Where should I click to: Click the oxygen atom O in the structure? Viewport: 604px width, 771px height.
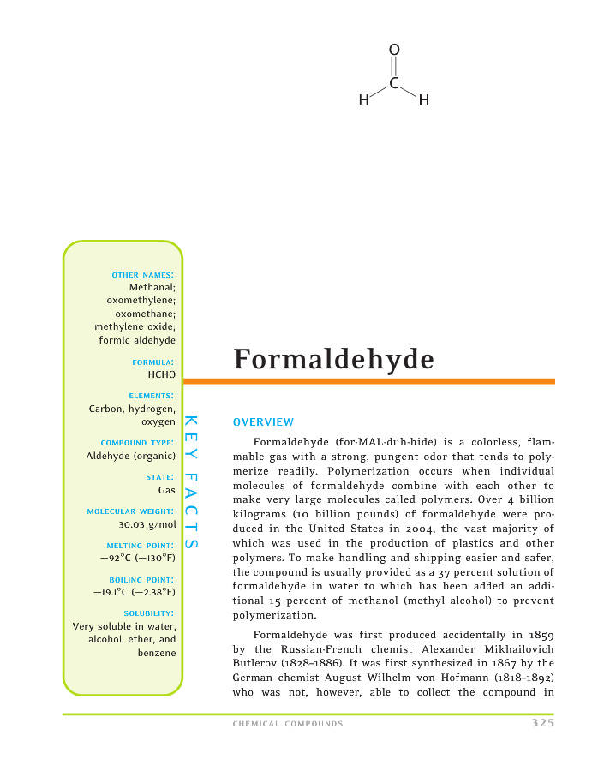point(394,50)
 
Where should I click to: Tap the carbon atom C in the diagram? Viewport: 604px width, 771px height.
point(394,83)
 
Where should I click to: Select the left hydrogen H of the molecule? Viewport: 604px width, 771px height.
point(364,101)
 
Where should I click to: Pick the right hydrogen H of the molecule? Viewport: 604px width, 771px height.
point(423,101)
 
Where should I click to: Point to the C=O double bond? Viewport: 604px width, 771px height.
point(394,66)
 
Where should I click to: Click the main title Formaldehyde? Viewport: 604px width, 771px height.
point(334,359)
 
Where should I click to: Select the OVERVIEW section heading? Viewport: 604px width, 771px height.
point(263,422)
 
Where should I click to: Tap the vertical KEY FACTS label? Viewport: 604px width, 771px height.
point(192,483)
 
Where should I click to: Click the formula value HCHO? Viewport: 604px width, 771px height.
point(161,374)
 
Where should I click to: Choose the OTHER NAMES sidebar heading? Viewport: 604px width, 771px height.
point(143,274)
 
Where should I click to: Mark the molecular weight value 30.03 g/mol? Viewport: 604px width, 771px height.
point(147,523)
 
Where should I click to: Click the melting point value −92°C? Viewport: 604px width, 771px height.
point(116,557)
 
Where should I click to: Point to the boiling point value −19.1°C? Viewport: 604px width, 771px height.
point(112,591)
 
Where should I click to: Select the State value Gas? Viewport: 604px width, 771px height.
point(166,490)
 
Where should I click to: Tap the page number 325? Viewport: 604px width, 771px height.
point(542,723)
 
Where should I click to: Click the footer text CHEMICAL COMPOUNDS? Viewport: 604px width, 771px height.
point(288,724)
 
